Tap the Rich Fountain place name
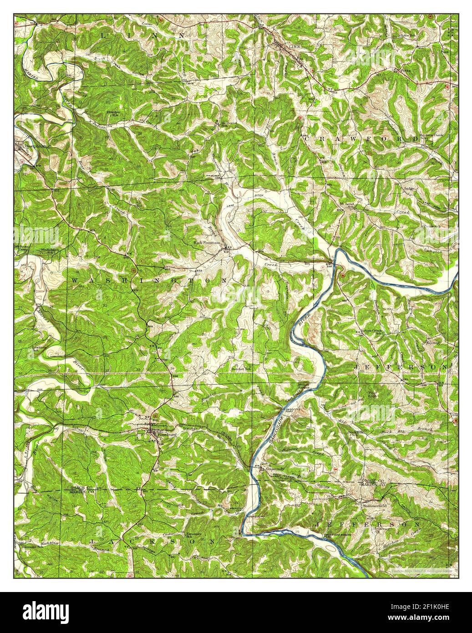click(208, 243)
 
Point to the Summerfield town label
click(374, 505)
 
